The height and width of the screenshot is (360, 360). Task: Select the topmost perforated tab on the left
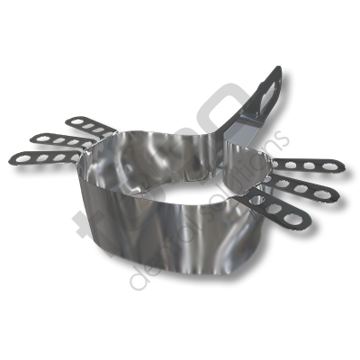80,123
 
